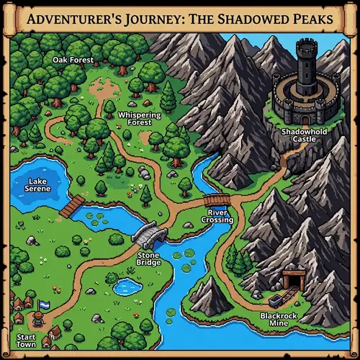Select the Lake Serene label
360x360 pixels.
tap(36, 185)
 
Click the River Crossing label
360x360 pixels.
tap(220, 216)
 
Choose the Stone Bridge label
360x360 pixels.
tap(148, 259)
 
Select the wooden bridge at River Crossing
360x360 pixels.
tap(217, 200)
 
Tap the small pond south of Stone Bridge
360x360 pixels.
tap(127, 287)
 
